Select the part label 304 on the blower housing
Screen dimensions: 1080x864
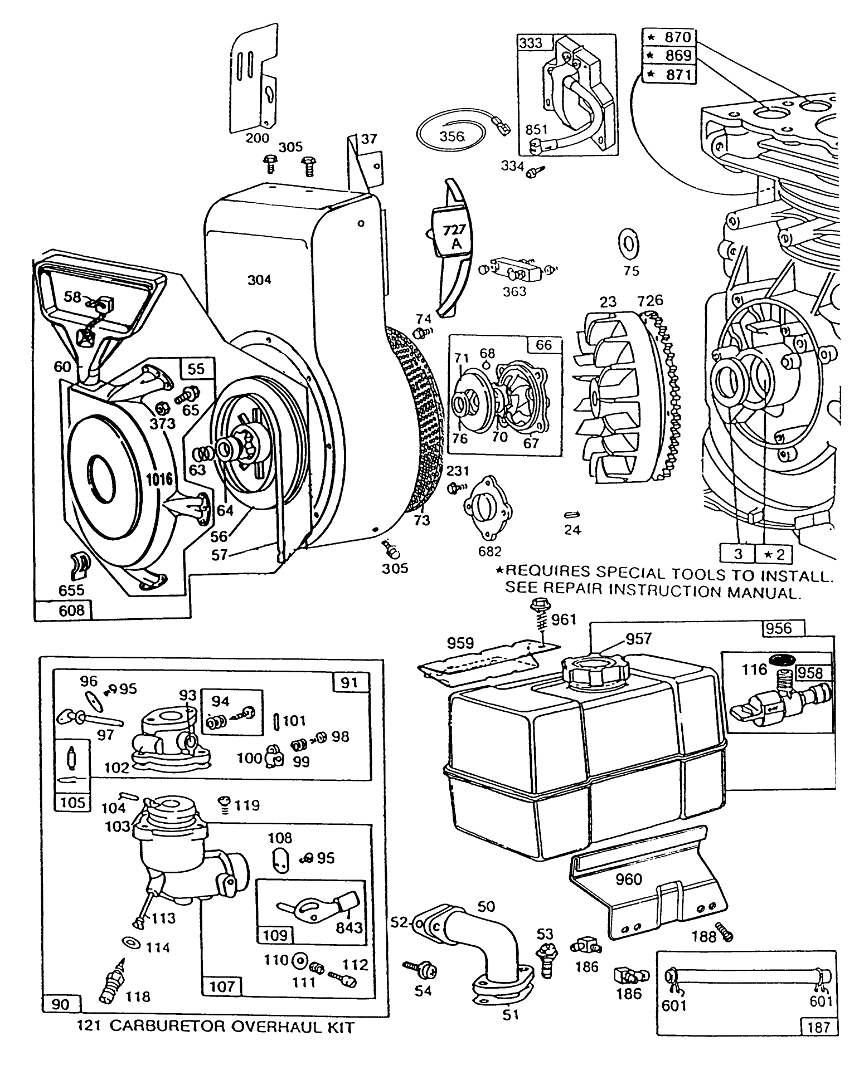click(x=259, y=280)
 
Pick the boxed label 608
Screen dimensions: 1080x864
click(x=63, y=610)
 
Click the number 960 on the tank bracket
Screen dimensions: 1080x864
click(x=629, y=879)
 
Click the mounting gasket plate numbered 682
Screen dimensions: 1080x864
click(x=488, y=509)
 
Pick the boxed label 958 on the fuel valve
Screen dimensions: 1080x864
click(x=809, y=673)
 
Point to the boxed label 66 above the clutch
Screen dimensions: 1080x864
click(x=543, y=345)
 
